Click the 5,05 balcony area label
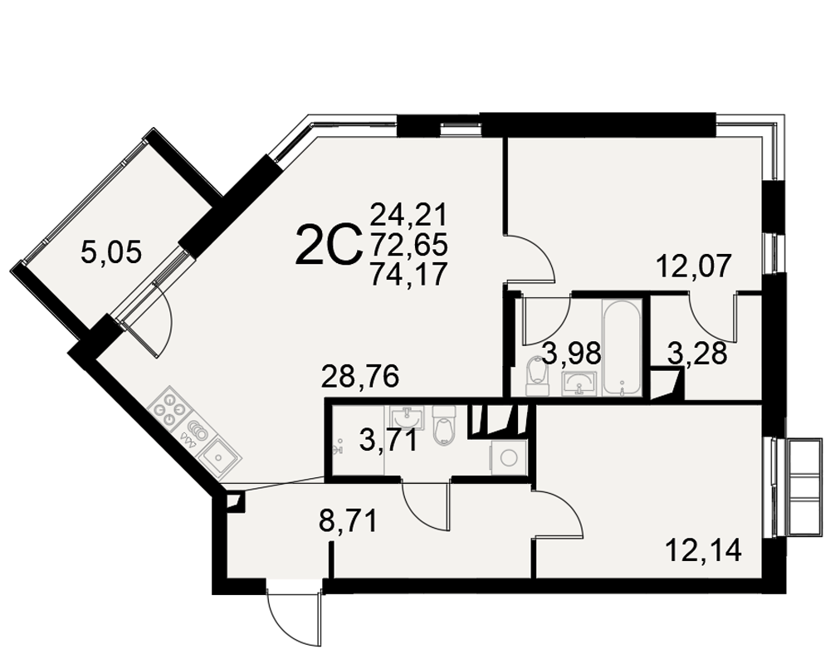(111, 252)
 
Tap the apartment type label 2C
(328, 245)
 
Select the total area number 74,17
(408, 274)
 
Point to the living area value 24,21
(408, 215)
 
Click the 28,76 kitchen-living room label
(360, 378)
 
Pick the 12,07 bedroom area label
(693, 266)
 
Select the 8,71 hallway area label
(349, 521)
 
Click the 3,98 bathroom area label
(573, 354)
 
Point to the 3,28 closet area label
(697, 354)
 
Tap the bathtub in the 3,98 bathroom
(622, 348)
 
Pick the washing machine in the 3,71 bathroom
(509, 457)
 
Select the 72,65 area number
(408, 245)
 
